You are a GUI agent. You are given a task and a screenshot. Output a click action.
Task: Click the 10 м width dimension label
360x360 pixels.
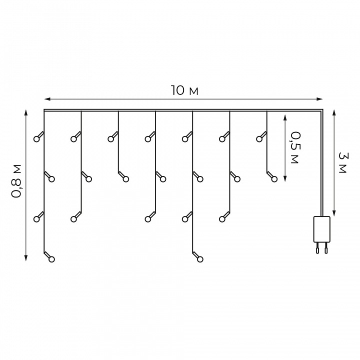[184, 90]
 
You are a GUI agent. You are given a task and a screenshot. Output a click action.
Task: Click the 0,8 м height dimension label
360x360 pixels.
[16, 181]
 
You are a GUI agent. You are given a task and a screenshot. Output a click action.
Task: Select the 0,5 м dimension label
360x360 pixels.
[295, 147]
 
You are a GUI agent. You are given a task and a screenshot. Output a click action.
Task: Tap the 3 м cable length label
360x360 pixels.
[343, 163]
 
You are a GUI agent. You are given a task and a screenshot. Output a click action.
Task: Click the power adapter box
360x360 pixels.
[322, 229]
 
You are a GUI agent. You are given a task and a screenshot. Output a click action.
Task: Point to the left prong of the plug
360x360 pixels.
[317, 248]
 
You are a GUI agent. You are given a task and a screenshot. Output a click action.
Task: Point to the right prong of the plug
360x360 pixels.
[326, 248]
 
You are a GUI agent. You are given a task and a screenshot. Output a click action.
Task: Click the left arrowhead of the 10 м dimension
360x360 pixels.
[47, 99]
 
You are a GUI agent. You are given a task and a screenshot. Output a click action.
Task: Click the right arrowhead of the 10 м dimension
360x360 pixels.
[319, 99]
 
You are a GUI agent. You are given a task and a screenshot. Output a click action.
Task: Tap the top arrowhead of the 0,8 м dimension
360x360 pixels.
[26, 113]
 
